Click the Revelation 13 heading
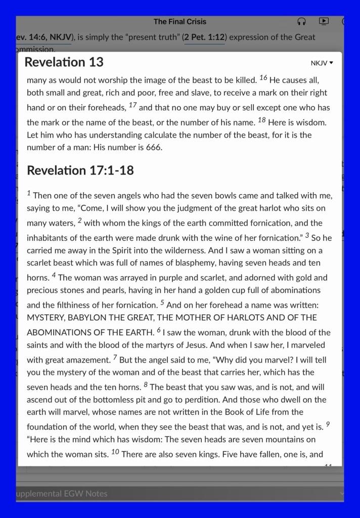64,62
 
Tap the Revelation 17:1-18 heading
80,170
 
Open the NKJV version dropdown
322,63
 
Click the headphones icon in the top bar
302,21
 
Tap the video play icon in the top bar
324,21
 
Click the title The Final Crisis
180,22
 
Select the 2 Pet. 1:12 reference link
204,37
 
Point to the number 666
153,147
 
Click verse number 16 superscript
263,78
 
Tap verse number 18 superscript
261,120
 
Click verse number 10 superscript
115,452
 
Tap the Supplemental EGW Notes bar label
62,494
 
